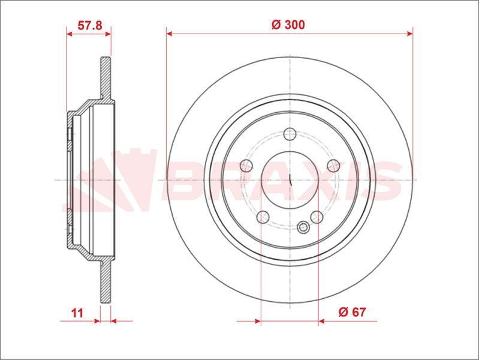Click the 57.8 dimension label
[x=90, y=25]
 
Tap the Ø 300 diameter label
[x=288, y=25]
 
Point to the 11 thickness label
[x=77, y=313]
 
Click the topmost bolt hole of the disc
[x=290, y=134]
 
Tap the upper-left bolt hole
[x=246, y=166]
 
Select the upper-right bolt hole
[x=333, y=166]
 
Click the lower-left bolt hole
[x=263, y=217]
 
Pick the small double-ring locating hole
[x=303, y=227]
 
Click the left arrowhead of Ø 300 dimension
[x=170, y=34]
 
